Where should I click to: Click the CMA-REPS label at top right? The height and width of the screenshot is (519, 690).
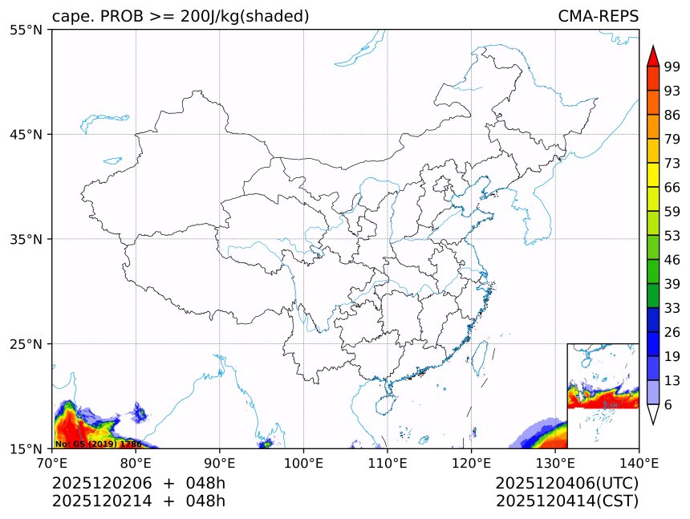[x=598, y=17]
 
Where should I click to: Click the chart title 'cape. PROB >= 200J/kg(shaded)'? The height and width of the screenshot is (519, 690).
[x=181, y=17]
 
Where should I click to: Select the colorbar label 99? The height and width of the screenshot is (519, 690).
[x=672, y=67]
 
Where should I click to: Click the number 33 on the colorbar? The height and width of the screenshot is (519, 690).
[x=672, y=308]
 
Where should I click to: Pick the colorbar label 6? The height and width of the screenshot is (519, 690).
[x=668, y=405]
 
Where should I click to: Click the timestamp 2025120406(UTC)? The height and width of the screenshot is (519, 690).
[x=566, y=484]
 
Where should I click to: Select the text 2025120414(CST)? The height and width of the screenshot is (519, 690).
[x=566, y=501]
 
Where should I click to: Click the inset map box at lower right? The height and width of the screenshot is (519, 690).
[x=603, y=395]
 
